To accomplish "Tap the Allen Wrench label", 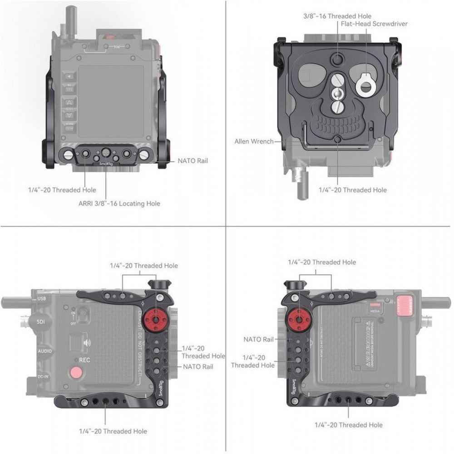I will point(254,142).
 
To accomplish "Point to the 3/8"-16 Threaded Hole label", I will point(337,16).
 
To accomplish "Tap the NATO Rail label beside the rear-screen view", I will point(192,161).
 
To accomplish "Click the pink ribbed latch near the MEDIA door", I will point(405,306).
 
